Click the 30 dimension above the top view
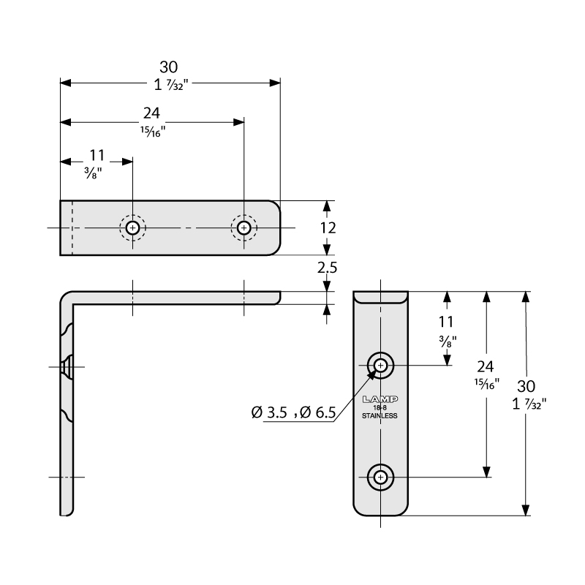click(x=169, y=67)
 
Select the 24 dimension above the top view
click(x=151, y=113)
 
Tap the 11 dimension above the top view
click(x=97, y=155)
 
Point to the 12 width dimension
click(x=328, y=228)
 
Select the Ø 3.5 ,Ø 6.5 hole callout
click(x=293, y=413)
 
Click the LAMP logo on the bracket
click(x=380, y=399)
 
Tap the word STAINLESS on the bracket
click(x=380, y=416)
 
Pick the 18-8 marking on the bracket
click(x=380, y=408)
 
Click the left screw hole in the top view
click(x=132, y=228)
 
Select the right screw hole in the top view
click(x=244, y=228)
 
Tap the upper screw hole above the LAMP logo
click(x=381, y=364)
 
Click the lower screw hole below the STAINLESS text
click(x=381, y=478)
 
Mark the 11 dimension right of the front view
click(x=447, y=321)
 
